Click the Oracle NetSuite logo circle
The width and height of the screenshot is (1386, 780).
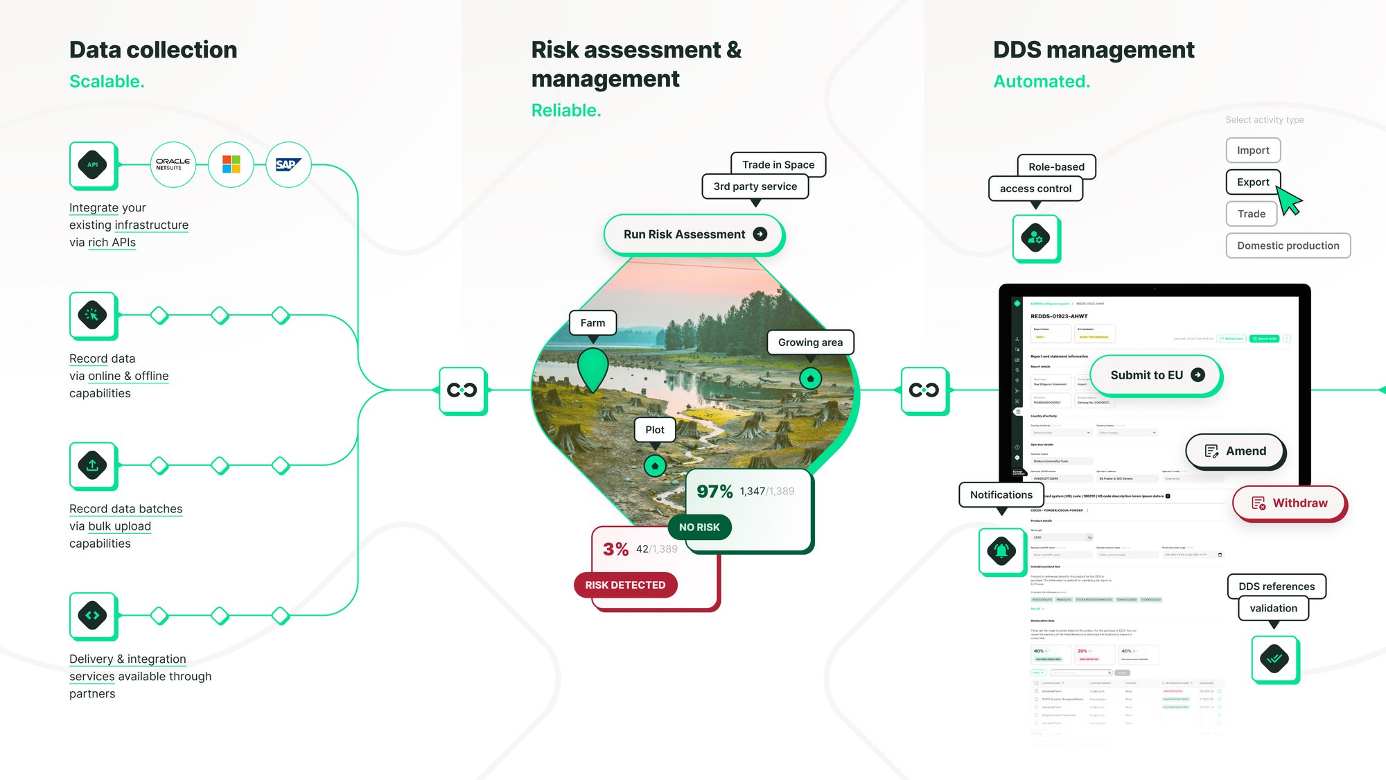point(173,165)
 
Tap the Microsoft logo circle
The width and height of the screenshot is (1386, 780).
point(231,165)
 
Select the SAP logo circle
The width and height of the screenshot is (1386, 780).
point(288,165)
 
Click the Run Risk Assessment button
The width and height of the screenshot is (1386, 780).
point(694,234)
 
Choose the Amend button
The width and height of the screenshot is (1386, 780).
point(1236,451)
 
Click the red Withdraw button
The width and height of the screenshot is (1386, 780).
point(1289,503)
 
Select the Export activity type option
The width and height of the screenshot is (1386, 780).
point(1253,182)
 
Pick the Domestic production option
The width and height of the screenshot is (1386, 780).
point(1288,245)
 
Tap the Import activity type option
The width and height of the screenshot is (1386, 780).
point(1253,150)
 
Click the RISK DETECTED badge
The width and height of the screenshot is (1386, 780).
point(625,585)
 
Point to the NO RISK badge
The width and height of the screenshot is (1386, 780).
point(699,528)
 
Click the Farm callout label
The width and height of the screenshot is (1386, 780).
point(593,323)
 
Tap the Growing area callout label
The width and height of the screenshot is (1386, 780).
point(810,343)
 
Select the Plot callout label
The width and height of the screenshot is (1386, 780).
point(655,430)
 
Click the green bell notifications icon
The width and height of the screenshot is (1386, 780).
point(1001,551)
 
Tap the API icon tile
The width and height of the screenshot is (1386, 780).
point(93,165)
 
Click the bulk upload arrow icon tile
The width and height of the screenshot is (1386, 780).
point(93,465)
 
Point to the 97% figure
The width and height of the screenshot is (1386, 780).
point(714,492)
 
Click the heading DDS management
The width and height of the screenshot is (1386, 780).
point(1094,50)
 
